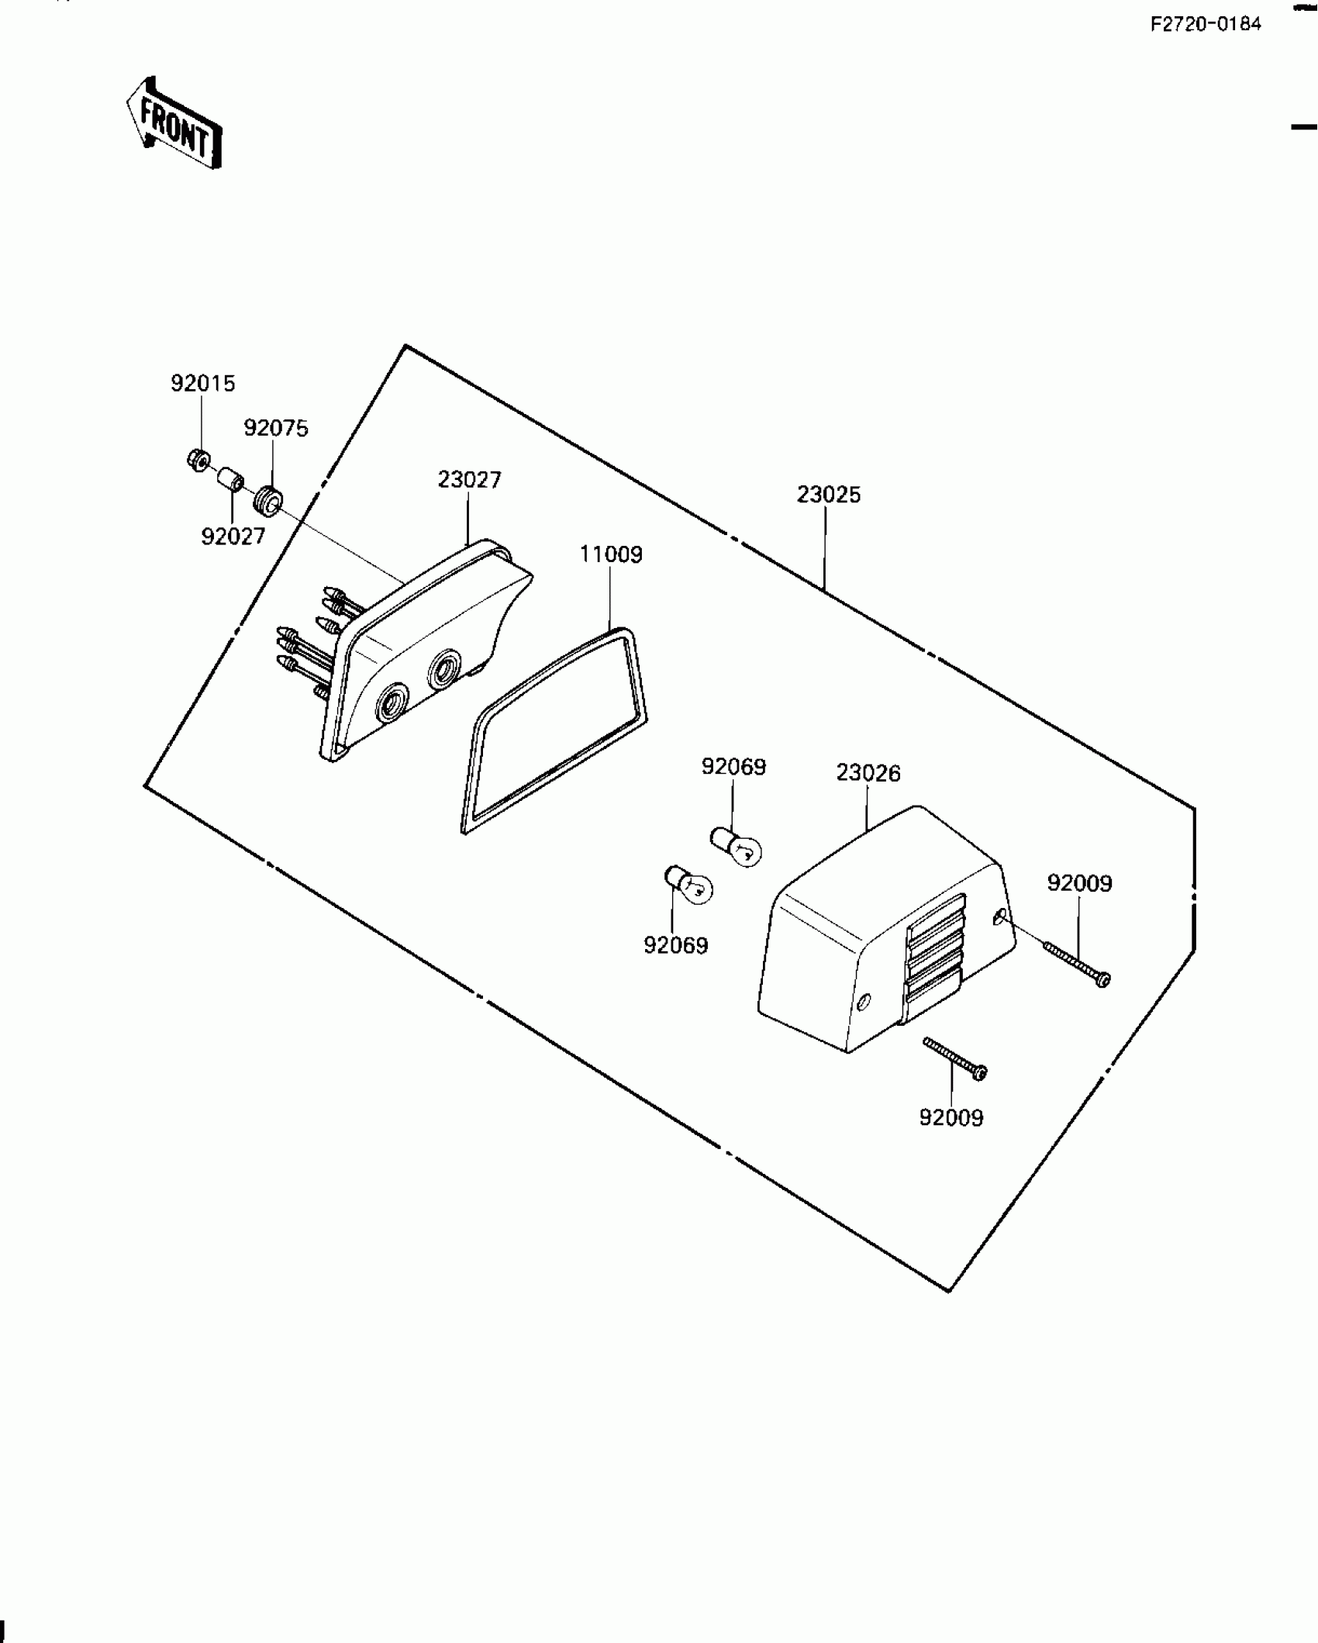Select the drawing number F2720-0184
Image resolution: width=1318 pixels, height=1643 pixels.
[1206, 25]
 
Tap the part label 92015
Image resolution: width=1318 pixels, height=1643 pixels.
[202, 384]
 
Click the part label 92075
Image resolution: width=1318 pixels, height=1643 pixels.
[276, 428]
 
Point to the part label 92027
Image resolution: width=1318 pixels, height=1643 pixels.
[233, 536]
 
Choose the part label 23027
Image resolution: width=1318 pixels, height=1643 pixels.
[469, 480]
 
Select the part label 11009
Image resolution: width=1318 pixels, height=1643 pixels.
[611, 554]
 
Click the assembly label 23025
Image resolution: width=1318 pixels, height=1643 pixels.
[828, 495]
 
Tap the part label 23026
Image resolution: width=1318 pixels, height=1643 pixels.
[868, 773]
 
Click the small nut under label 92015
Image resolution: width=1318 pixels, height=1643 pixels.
[198, 461]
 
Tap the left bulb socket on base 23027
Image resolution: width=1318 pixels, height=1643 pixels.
[390, 703]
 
